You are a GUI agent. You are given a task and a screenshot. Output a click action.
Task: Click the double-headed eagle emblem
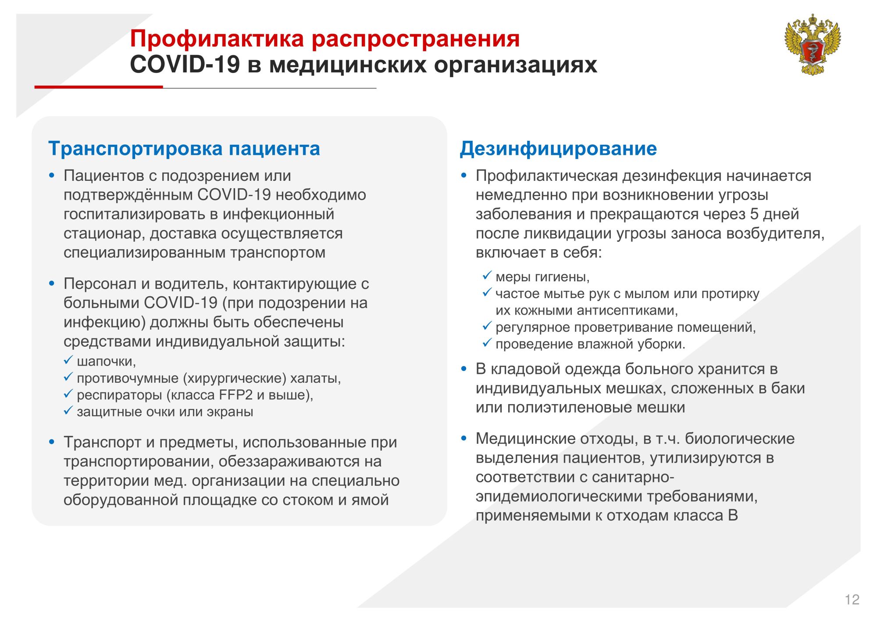[x=813, y=44]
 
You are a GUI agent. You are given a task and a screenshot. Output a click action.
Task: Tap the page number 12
[x=852, y=599]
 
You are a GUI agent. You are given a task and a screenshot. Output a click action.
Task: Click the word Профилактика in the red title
[x=217, y=39]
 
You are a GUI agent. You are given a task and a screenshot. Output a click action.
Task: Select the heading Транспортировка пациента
[x=184, y=148]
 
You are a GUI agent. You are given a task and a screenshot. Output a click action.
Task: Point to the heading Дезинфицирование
[x=558, y=148]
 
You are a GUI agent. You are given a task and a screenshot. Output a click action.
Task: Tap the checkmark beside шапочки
[x=68, y=360]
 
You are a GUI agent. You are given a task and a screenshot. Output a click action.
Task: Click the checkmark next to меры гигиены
[x=487, y=276]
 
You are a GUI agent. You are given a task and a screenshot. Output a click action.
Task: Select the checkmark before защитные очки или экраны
[x=68, y=411]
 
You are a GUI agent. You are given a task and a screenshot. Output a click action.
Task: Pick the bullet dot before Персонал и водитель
[x=52, y=284]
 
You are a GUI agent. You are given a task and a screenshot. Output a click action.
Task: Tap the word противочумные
[x=128, y=378]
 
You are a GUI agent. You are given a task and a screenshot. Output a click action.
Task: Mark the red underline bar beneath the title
[x=99, y=87]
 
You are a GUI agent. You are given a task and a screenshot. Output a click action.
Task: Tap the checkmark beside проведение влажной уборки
[x=487, y=343]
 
